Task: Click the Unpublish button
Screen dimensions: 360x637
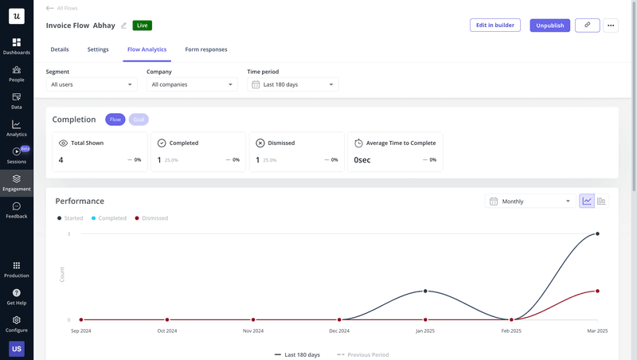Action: tap(550, 25)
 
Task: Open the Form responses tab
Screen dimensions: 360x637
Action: tap(206, 49)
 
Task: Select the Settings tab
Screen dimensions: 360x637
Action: tap(98, 49)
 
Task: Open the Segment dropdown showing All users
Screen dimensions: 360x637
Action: tap(92, 84)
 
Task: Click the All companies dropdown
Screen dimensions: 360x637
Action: tap(192, 84)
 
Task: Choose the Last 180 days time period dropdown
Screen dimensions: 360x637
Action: tap(292, 84)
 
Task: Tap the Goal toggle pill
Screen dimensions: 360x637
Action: tap(139, 119)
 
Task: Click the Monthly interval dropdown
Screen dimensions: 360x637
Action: tap(530, 202)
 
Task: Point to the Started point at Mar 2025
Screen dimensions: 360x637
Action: tap(597, 234)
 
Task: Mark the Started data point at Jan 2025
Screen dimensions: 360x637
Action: tap(425, 291)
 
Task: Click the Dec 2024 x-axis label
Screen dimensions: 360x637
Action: tap(339, 331)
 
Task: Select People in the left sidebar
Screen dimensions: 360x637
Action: tap(17, 74)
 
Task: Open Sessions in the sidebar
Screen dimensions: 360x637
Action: tap(17, 155)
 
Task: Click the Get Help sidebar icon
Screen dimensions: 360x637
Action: tap(17, 296)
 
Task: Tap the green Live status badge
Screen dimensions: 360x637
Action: tap(143, 25)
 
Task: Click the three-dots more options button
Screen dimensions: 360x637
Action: tap(611, 25)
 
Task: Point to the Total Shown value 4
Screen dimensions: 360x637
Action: tap(61, 160)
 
